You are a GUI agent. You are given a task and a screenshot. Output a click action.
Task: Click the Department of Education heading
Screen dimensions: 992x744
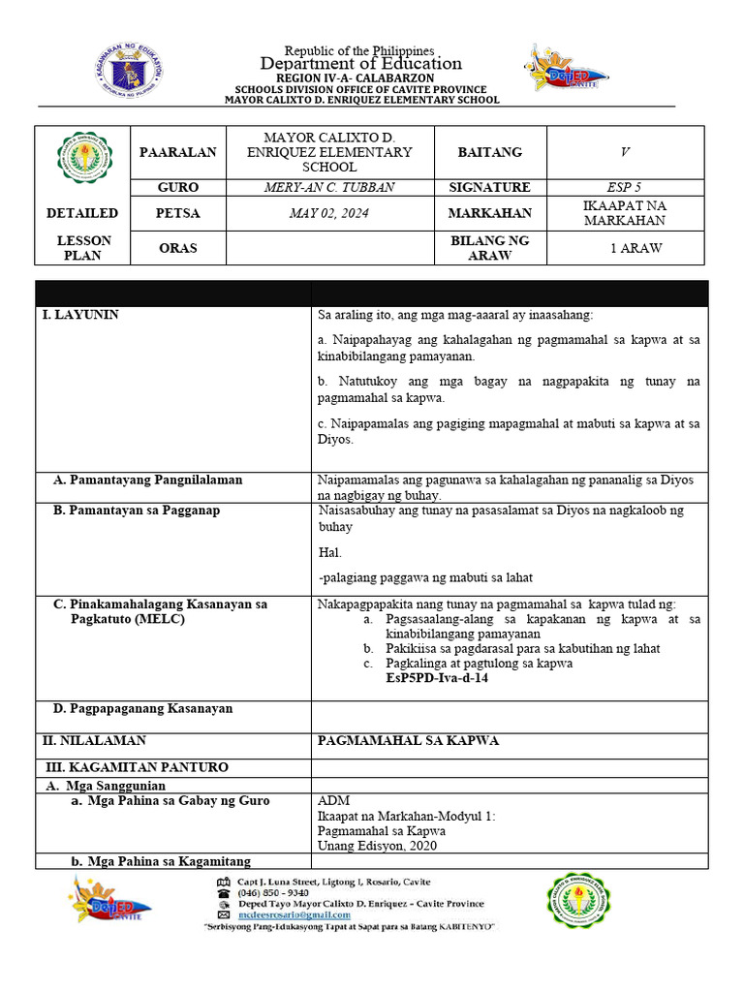point(360,64)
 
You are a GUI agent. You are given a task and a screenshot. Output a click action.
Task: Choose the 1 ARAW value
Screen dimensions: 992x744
point(636,248)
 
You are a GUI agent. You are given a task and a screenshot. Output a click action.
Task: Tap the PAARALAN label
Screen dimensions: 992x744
point(178,152)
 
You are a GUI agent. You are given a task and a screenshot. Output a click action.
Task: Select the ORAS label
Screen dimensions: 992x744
point(178,248)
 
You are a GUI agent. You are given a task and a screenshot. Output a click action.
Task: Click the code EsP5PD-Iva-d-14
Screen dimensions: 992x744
point(437,679)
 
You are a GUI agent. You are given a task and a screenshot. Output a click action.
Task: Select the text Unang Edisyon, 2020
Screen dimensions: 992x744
point(377,846)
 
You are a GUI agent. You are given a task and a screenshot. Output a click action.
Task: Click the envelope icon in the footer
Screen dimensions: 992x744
point(224,914)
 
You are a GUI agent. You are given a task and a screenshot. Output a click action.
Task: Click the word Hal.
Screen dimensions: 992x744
point(329,553)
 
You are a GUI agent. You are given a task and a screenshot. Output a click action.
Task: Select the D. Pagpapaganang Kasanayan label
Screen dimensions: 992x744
point(142,709)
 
